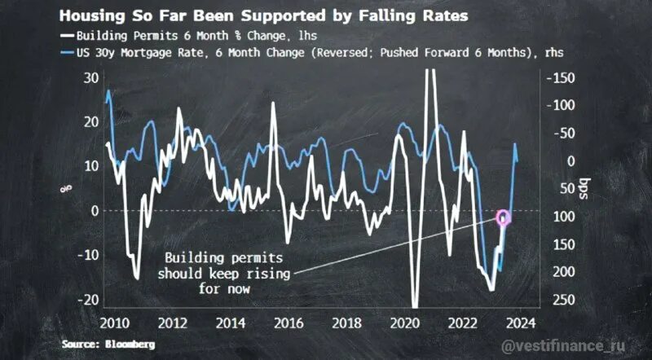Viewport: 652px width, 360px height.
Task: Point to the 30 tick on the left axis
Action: (x=90, y=77)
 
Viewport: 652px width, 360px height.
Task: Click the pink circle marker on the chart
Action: (x=502, y=217)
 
